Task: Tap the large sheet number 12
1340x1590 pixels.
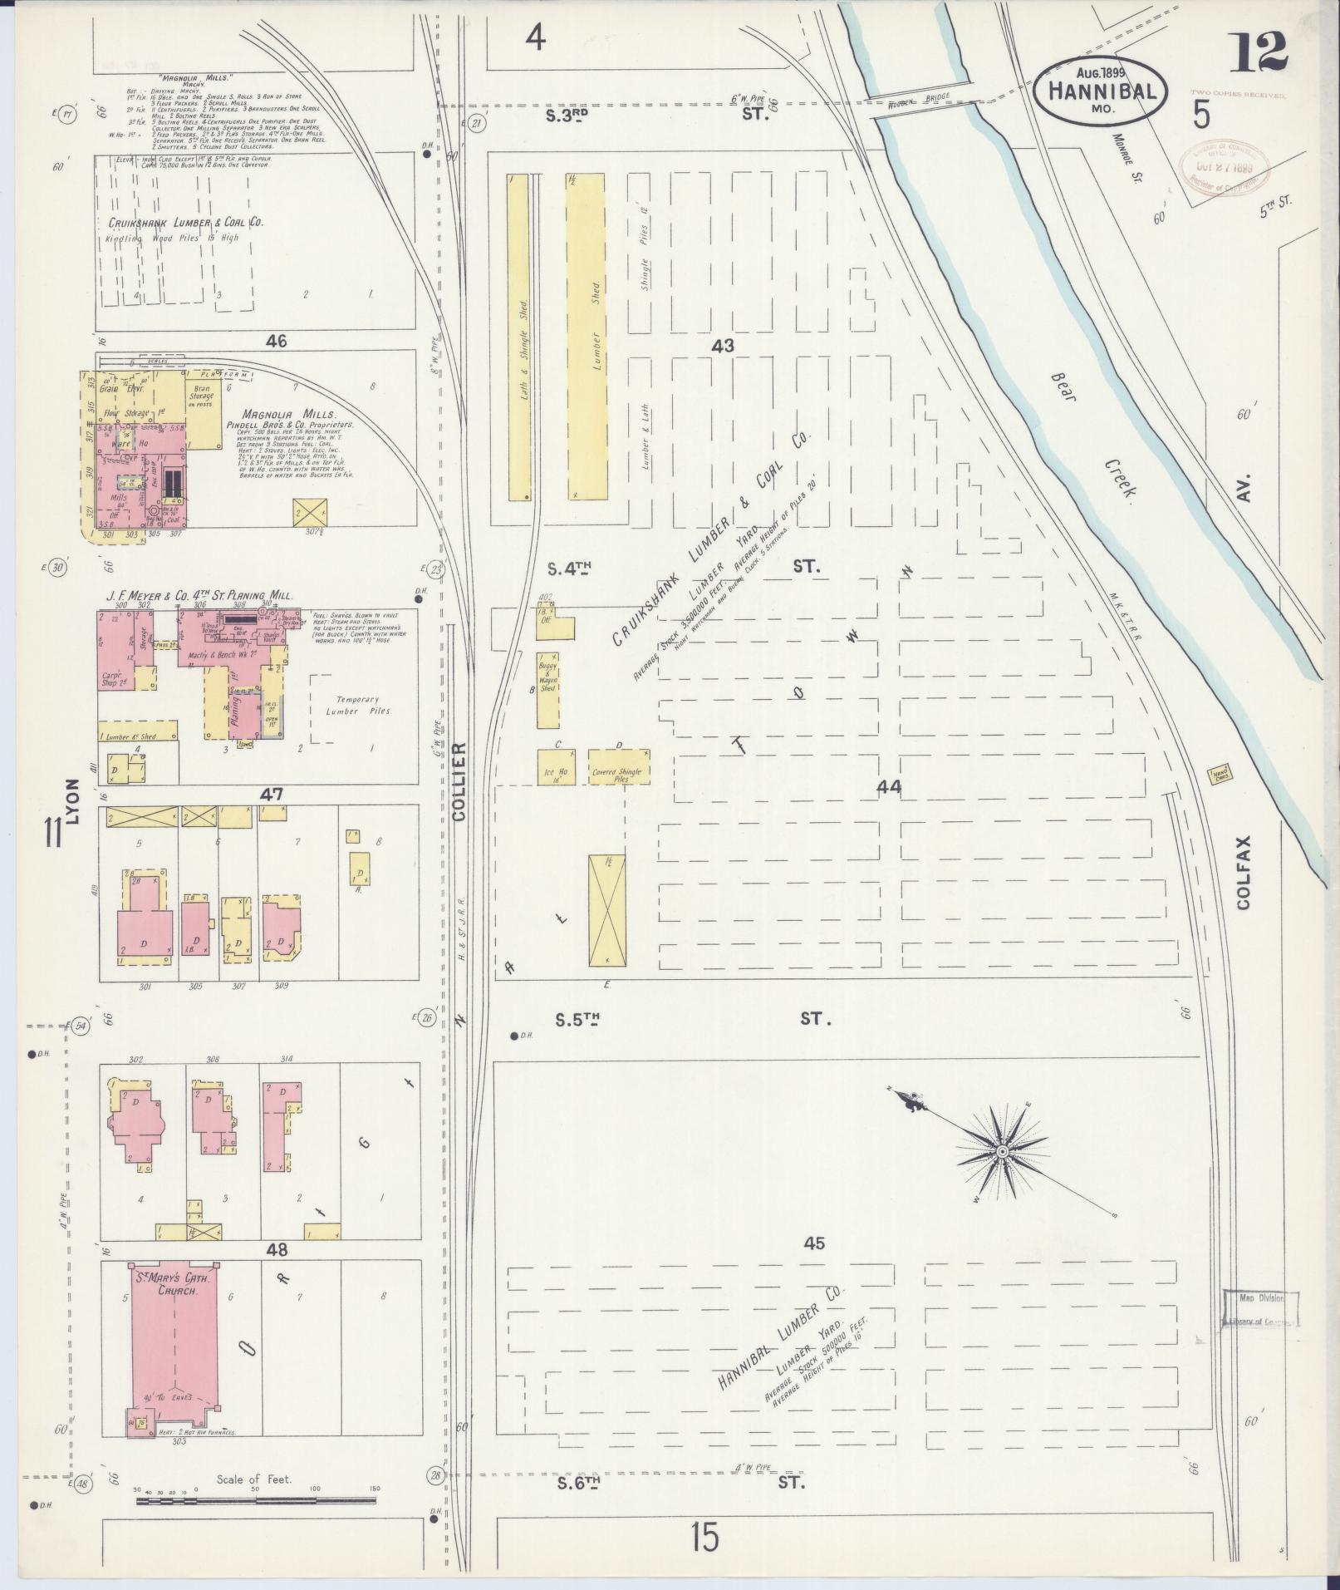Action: click(1260, 52)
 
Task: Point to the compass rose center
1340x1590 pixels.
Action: click(1002, 1151)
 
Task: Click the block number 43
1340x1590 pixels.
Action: click(723, 345)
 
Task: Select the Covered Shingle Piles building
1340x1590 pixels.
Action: click(619, 766)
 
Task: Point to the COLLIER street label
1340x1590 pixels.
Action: click(460, 782)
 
